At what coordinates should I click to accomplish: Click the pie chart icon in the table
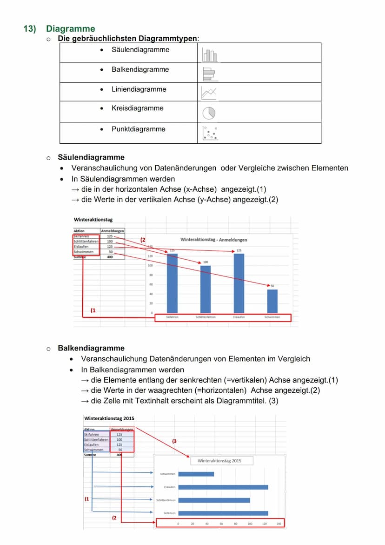pos(209,112)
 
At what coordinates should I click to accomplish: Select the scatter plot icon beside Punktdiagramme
pos(210,133)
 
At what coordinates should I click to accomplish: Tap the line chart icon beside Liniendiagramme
pos(209,93)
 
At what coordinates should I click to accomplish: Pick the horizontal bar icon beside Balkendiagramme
pos(208,73)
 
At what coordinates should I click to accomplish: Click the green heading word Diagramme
pos(70,29)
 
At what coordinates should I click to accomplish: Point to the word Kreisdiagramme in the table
pos(137,108)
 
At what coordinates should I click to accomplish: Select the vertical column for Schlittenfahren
pos(206,289)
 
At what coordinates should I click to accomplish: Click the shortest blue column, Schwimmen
pos(272,301)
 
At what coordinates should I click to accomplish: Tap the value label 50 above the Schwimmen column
pos(272,286)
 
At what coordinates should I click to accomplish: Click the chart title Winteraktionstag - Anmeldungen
pos(213,240)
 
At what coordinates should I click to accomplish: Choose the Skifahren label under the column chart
pos(172,317)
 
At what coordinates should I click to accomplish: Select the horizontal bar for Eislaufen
pos(223,487)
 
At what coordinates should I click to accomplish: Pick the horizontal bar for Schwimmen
pos(196,474)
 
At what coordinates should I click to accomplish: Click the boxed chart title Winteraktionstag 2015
pos(219,461)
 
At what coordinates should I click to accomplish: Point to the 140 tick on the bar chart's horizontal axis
pos(279,524)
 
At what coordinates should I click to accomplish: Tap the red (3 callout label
pos(174,441)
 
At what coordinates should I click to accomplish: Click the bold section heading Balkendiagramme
pos(91,348)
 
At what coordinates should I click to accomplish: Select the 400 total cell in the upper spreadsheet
pos(110,257)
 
